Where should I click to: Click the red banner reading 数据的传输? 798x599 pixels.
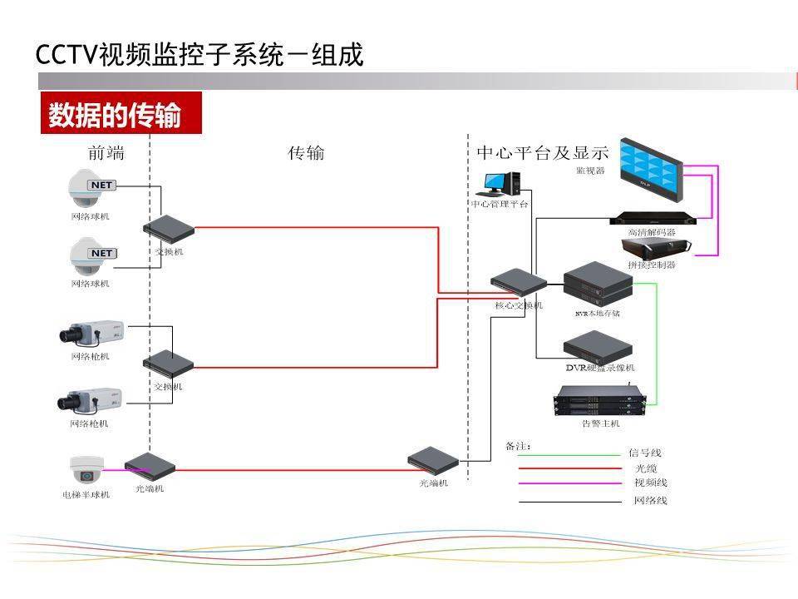tap(121, 113)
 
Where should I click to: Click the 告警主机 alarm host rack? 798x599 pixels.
tap(600, 400)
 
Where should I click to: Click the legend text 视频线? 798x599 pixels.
tap(651, 483)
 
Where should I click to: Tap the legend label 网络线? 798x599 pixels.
tap(651, 501)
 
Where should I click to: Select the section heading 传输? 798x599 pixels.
tap(306, 154)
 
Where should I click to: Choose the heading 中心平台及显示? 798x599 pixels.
tap(542, 153)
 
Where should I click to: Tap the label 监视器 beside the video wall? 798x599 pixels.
tap(590, 171)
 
